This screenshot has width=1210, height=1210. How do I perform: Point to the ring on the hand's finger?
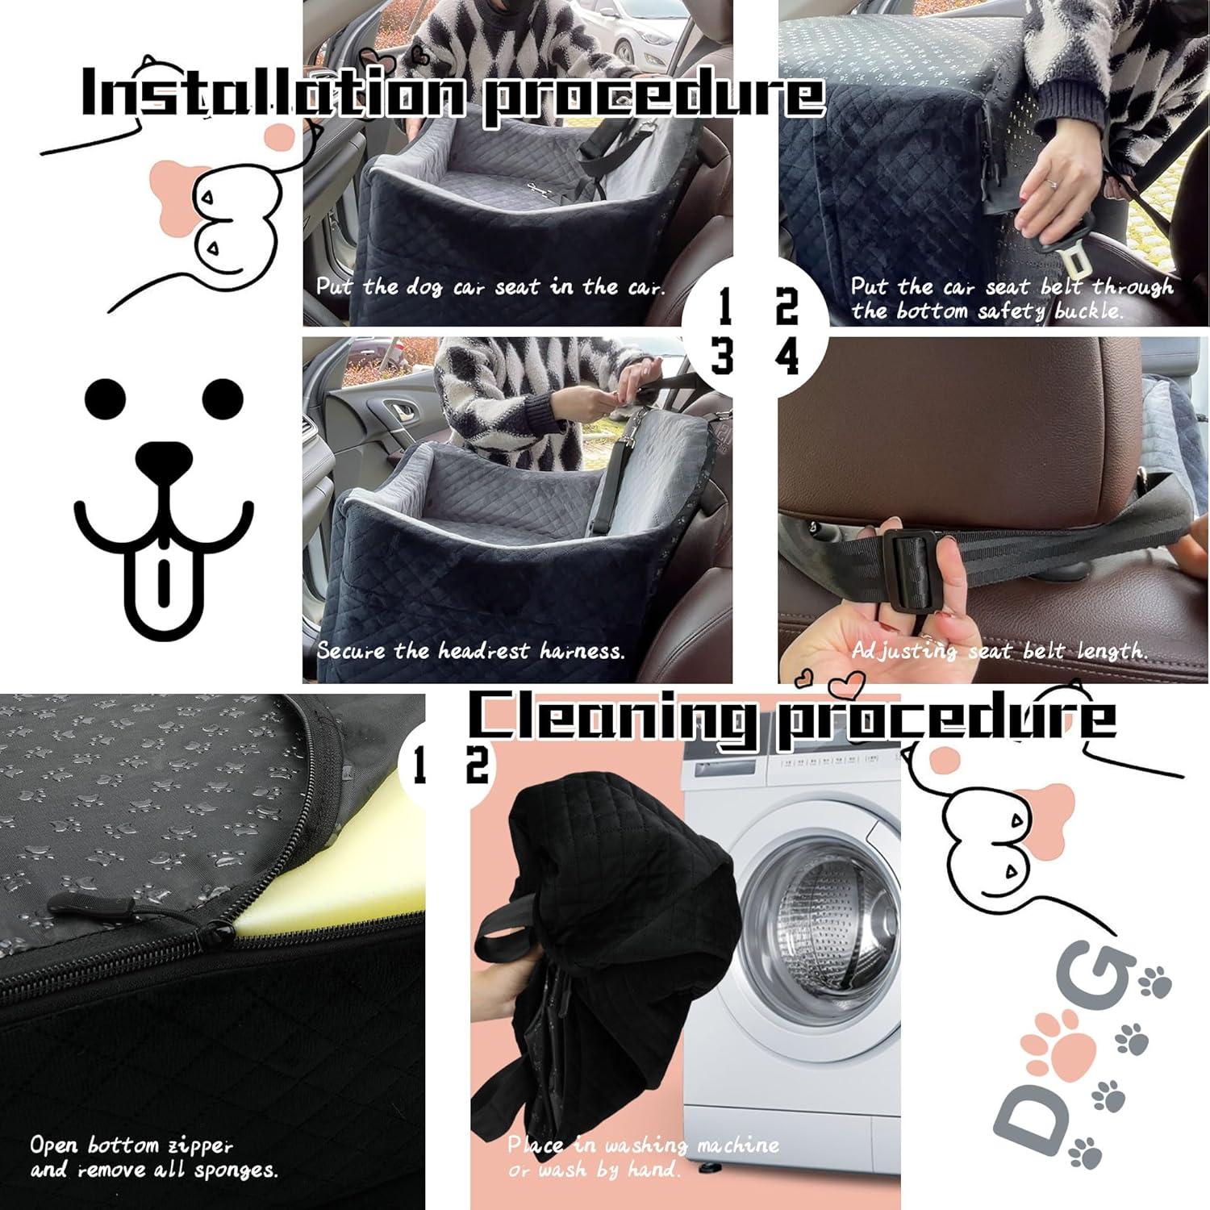[1052, 183]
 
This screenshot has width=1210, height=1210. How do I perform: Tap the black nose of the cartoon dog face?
[164, 458]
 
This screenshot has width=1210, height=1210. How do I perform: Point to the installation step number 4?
[786, 356]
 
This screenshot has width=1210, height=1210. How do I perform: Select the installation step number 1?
[724, 307]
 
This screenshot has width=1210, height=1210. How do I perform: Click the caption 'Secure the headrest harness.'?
[470, 650]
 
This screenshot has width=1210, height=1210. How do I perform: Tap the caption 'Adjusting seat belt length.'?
[999, 650]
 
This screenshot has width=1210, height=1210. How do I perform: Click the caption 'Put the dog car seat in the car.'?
[490, 286]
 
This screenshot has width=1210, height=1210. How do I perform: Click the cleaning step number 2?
[477, 766]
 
